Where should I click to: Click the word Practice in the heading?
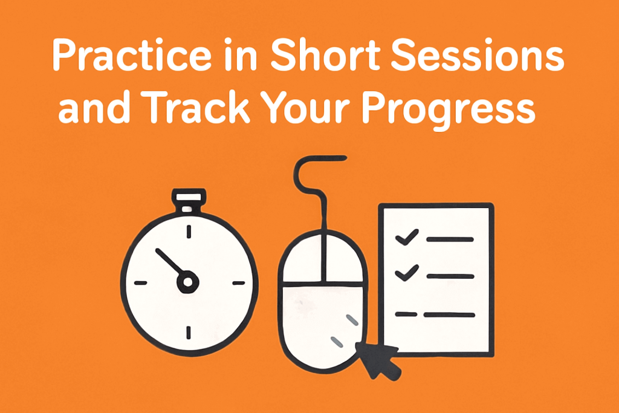coord(132,55)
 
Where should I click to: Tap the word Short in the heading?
coord(326,54)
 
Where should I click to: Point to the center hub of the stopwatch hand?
coord(188,282)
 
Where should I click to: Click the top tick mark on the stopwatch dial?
coord(189,232)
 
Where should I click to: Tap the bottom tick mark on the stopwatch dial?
coord(189,333)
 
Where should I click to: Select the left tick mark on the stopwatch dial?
coord(140,283)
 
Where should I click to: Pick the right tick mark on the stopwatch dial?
coord(238,283)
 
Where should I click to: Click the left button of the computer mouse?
coord(303,259)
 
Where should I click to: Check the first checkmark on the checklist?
coord(407,237)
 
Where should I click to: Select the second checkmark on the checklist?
coord(407,273)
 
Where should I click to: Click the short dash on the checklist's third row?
coord(406,314)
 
